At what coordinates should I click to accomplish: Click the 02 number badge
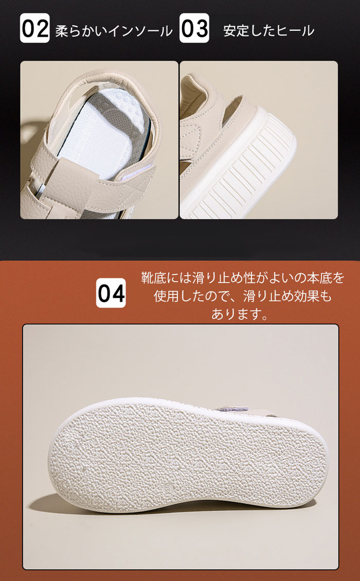pyautogui.click(x=34, y=28)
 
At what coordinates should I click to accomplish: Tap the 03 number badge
pyautogui.click(x=194, y=28)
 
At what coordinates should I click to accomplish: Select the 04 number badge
pyautogui.click(x=111, y=293)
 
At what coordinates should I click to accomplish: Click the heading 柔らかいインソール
pyautogui.click(x=114, y=31)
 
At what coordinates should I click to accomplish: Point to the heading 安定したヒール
pyautogui.click(x=269, y=31)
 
